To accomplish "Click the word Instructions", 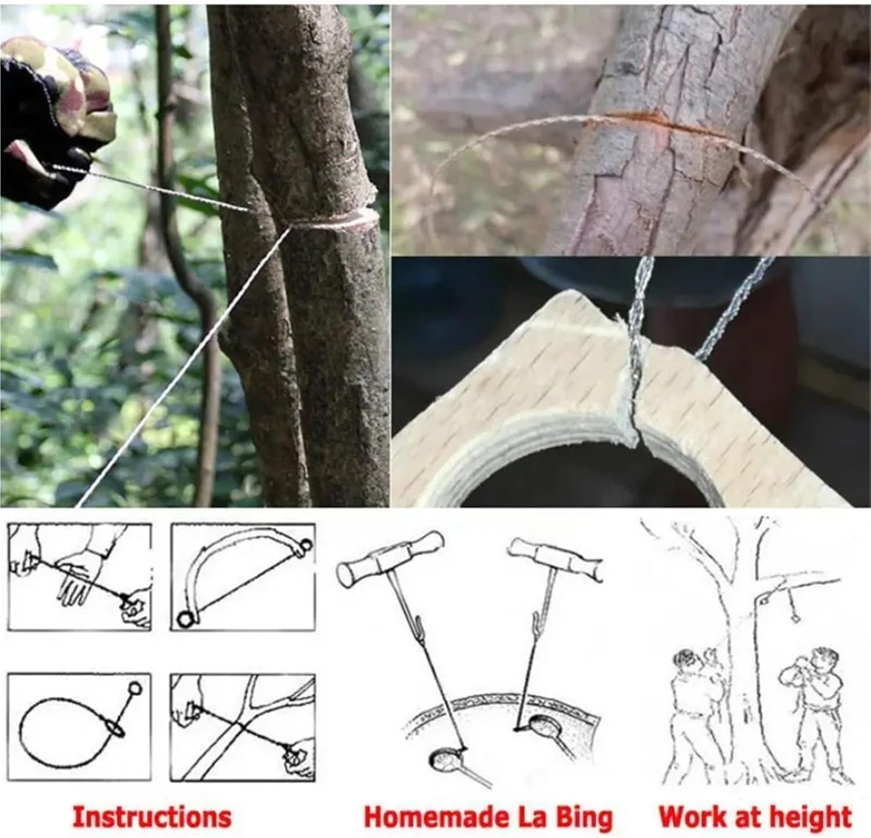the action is (x=152, y=817).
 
